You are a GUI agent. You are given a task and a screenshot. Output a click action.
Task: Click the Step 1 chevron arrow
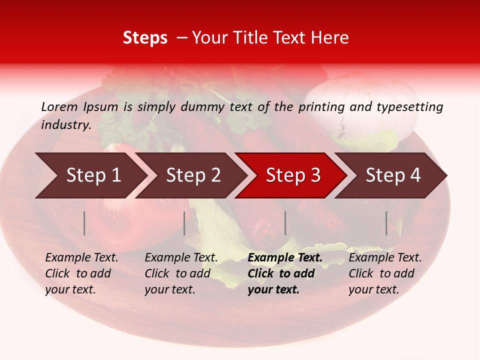point(92,175)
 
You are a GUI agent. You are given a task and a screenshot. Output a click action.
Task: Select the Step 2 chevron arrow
point(192,175)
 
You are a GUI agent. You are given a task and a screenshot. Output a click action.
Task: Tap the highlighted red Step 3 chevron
point(292,175)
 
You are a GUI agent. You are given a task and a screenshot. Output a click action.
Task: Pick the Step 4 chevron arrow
point(392,175)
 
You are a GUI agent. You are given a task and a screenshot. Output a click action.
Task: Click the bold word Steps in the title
point(145,38)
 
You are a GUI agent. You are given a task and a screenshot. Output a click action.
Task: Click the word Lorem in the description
point(59,106)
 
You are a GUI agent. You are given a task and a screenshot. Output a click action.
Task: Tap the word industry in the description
point(65,124)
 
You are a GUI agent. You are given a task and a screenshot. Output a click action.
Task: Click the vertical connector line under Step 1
point(84,223)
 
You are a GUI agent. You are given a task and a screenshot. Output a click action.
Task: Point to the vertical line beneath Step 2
point(184,223)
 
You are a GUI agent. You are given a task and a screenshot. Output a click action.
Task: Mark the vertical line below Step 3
point(285,223)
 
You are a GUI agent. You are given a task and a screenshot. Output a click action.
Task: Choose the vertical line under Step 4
point(386,223)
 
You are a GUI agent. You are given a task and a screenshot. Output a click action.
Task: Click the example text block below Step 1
point(81,273)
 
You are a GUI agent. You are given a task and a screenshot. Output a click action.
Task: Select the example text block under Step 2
point(181,273)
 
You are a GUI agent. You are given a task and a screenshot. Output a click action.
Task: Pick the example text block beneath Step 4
point(385,273)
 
